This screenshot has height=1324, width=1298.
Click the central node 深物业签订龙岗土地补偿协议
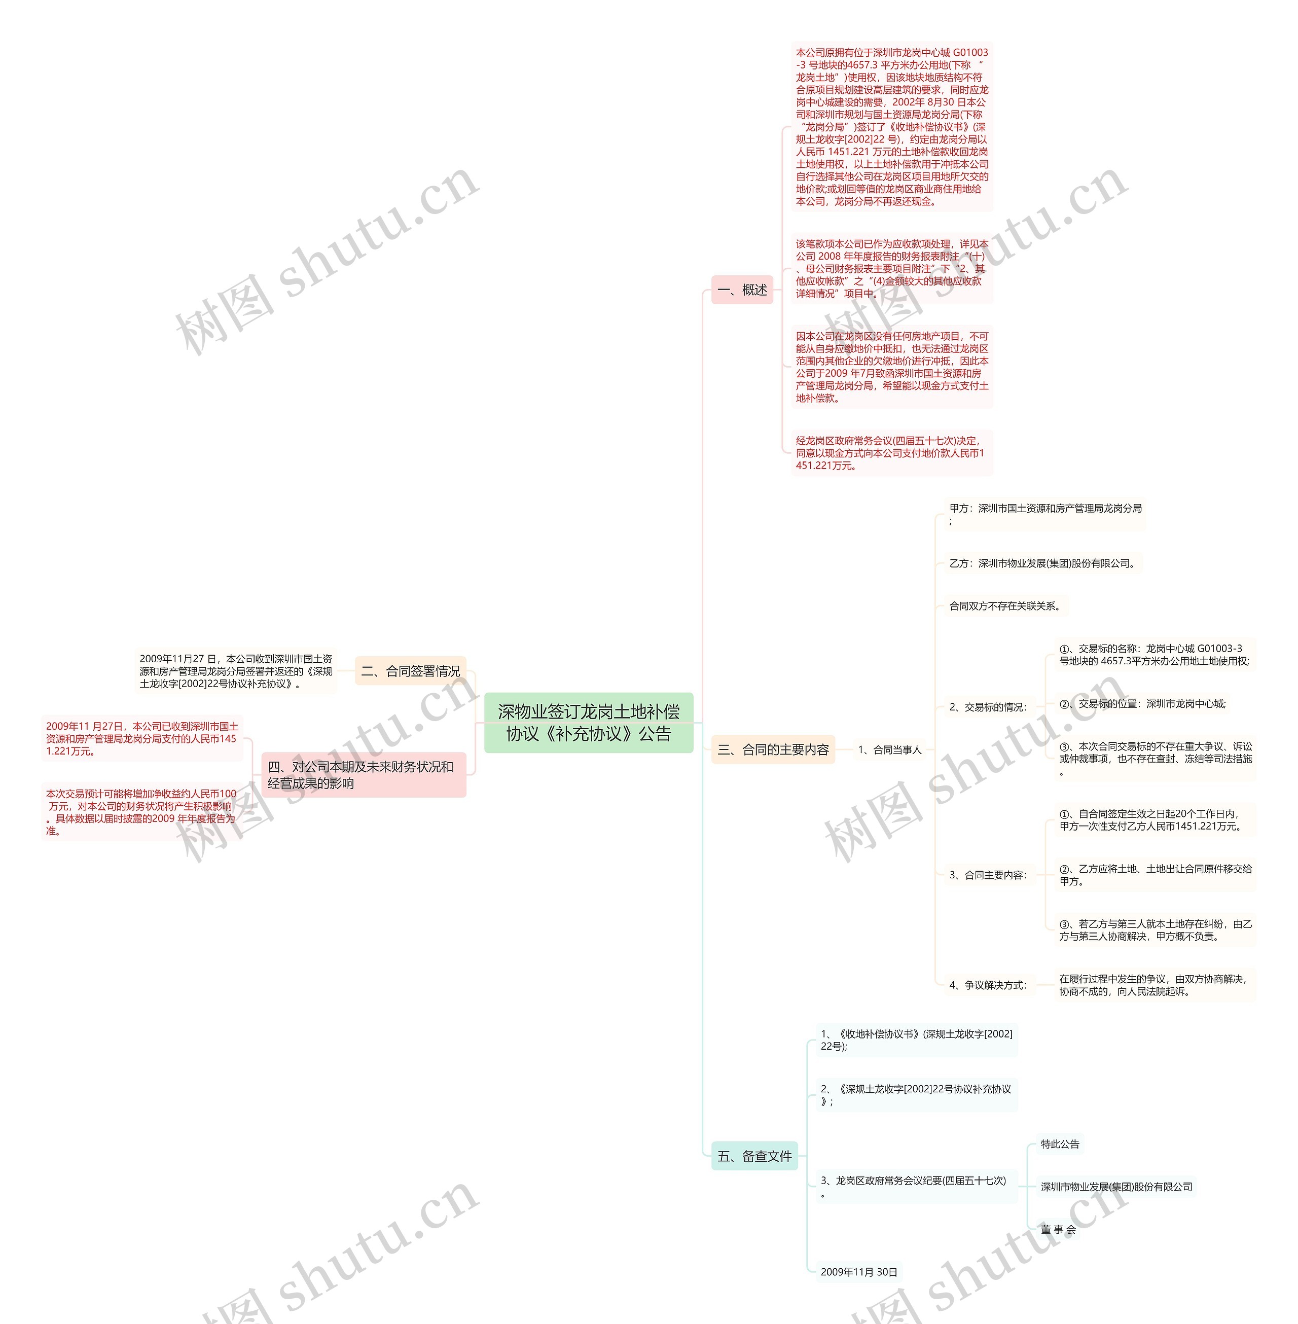pyautogui.click(x=588, y=723)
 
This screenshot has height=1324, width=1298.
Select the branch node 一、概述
pyautogui.click(x=742, y=290)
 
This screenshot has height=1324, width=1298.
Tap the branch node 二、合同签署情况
pyautogui.click(x=410, y=671)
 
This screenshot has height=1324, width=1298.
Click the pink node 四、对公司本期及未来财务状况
pyautogui.click(x=364, y=774)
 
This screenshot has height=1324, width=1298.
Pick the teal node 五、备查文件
pyautogui.click(x=754, y=1156)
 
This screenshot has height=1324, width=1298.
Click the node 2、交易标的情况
pyautogui.click(x=988, y=707)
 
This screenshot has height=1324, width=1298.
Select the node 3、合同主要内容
pyautogui.click(x=988, y=875)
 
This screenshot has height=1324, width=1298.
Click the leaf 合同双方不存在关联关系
pyautogui.click(x=1005, y=605)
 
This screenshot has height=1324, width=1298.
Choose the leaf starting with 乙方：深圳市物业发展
pyautogui.click(x=1042, y=563)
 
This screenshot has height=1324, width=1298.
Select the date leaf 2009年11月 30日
pyautogui.click(x=858, y=1271)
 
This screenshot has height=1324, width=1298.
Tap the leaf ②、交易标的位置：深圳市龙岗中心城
pyautogui.click(x=1142, y=704)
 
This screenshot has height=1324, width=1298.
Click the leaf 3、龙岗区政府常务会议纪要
pyautogui.click(x=914, y=1186)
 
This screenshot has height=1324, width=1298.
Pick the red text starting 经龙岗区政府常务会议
pyautogui.click(x=890, y=453)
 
